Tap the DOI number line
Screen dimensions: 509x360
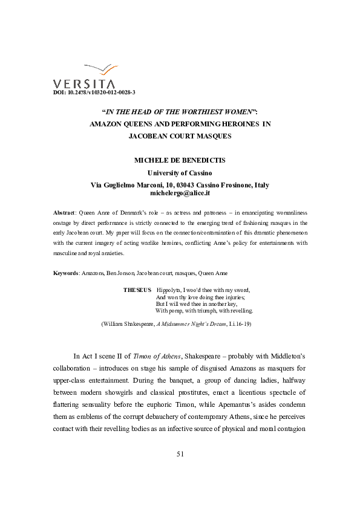(94, 92)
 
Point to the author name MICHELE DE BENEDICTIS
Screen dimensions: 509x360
(180, 161)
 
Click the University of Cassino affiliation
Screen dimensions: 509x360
(180, 173)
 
